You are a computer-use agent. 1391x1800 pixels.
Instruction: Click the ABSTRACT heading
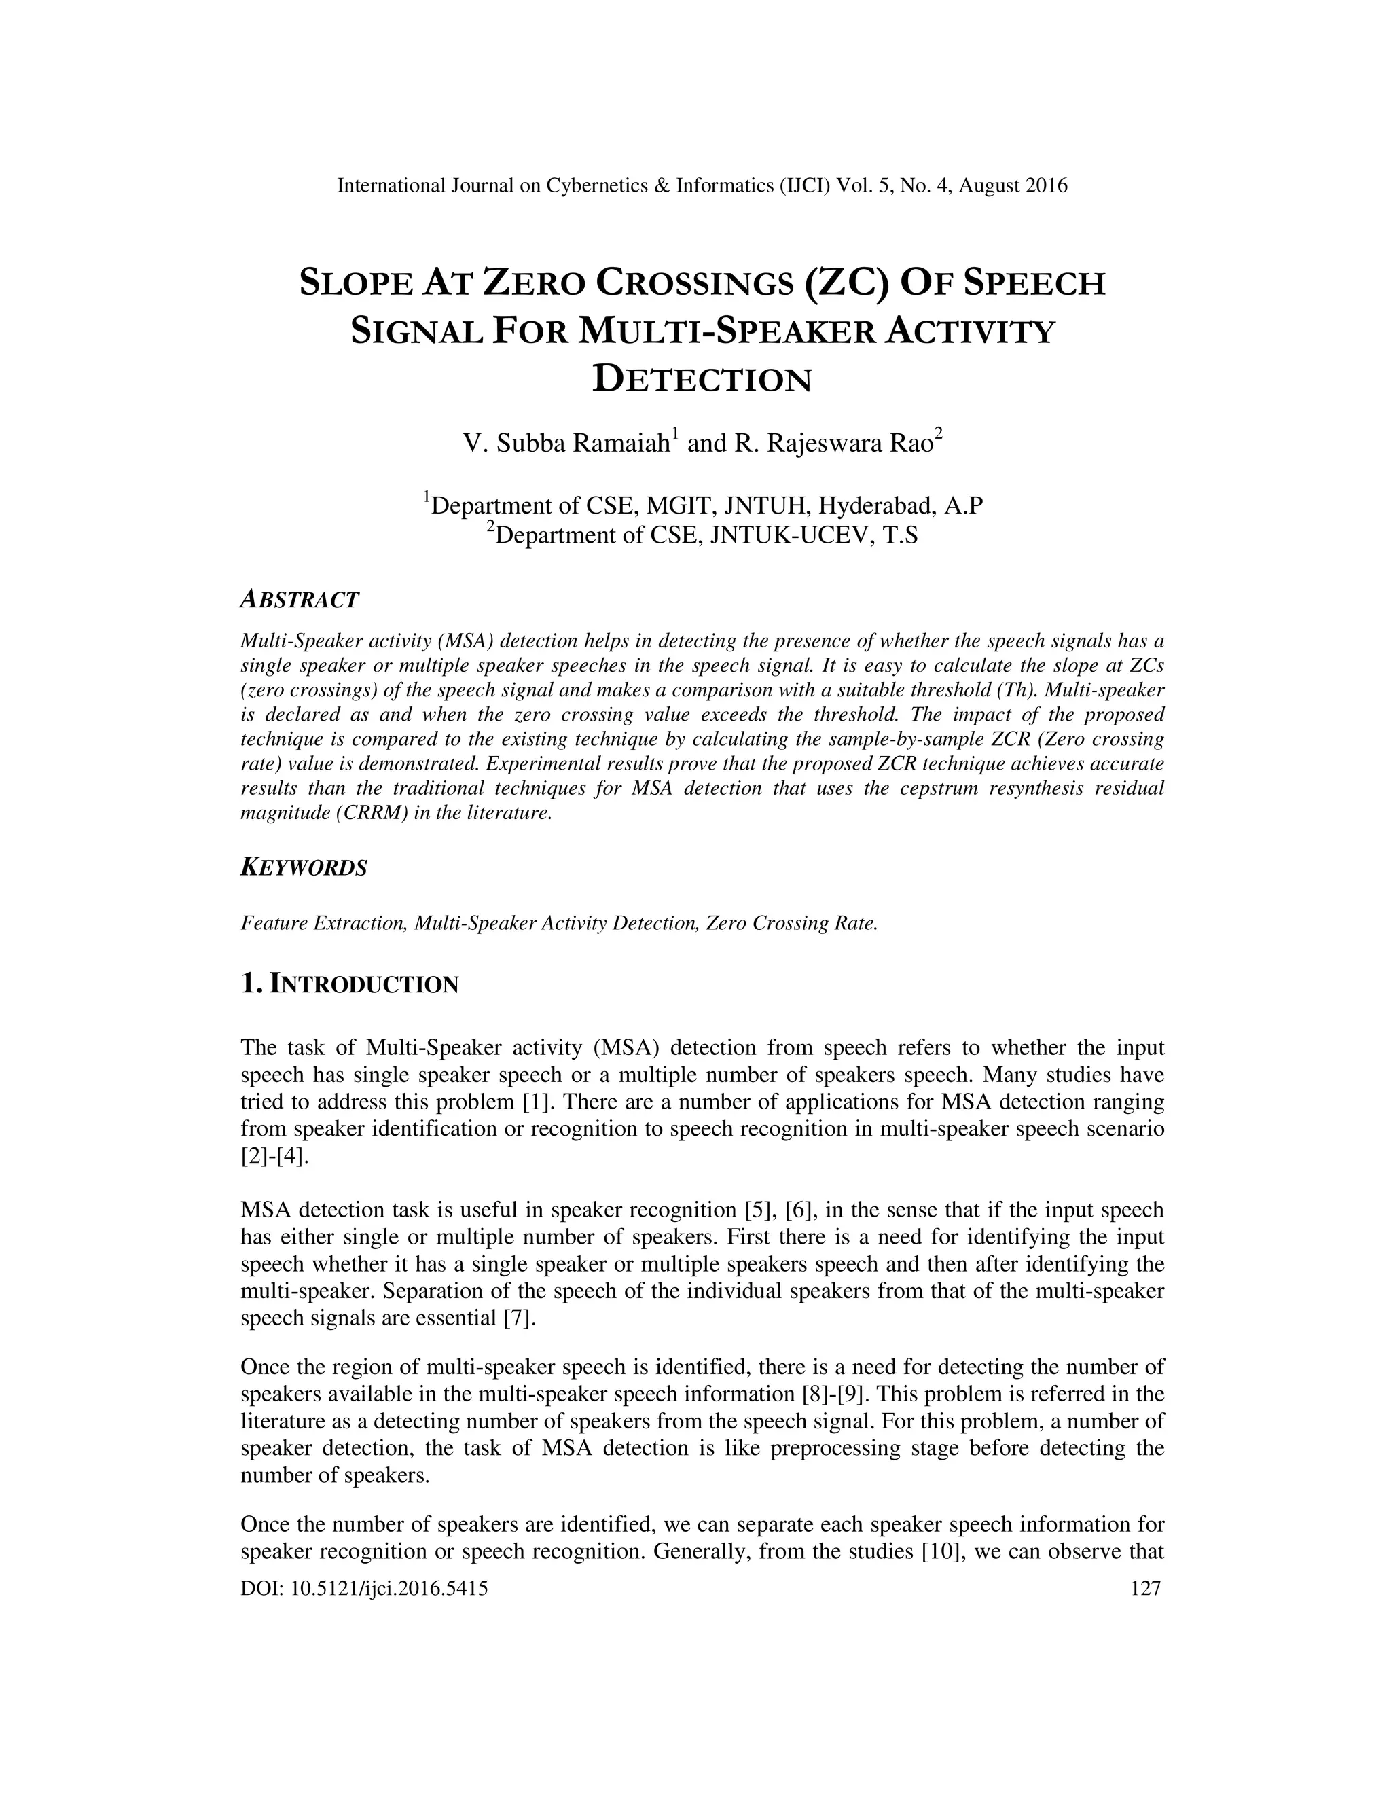pos(299,600)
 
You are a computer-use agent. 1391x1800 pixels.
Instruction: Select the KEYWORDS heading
pos(303,868)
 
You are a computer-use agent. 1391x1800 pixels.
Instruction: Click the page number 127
pos(1145,1589)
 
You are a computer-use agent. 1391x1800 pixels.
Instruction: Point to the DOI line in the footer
pos(363,1589)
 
